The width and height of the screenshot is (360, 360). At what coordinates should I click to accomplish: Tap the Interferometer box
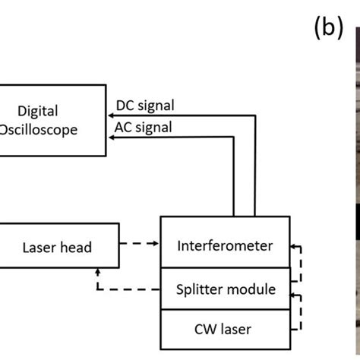click(x=225, y=245)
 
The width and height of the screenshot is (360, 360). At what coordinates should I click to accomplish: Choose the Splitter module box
click(x=225, y=289)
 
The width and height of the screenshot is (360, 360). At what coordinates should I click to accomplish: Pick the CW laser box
click(x=225, y=329)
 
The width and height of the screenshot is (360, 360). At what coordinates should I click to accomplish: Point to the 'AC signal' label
click(x=142, y=127)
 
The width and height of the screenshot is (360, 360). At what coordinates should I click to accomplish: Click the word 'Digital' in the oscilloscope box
click(x=38, y=111)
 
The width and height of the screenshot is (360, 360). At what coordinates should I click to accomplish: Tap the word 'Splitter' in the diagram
click(x=200, y=289)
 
